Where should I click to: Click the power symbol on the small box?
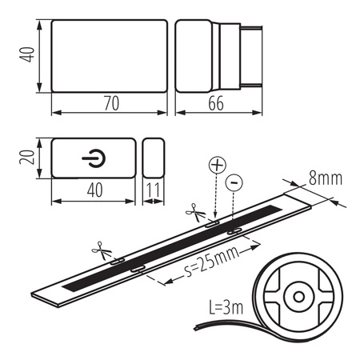click(x=92, y=158)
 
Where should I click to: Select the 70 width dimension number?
click(x=109, y=102)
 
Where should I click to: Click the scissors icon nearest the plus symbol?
click(x=194, y=212)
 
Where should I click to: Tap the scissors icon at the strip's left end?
click(x=99, y=250)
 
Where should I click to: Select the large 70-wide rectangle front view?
click(x=109, y=53)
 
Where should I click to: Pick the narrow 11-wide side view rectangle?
click(x=153, y=158)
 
